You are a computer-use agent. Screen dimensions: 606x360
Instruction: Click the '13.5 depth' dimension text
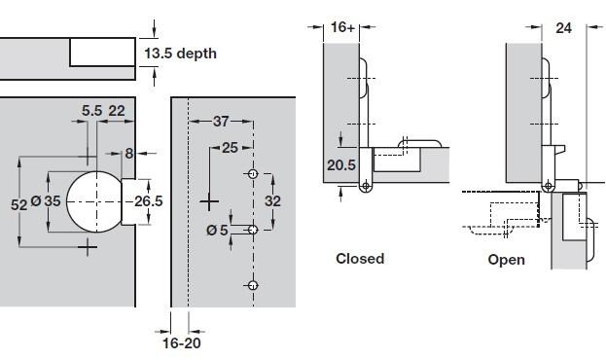[181, 54]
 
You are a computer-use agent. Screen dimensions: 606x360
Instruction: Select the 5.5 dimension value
[91, 111]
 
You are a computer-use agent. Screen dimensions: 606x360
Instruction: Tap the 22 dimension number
[117, 111]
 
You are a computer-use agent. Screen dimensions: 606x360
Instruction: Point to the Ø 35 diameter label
[46, 201]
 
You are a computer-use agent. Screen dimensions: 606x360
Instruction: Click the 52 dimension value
[19, 204]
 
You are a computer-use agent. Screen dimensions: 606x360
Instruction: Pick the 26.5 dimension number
[149, 201]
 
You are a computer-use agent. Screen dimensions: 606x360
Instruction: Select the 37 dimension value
[221, 122]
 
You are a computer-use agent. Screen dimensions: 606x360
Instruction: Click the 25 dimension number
[230, 148]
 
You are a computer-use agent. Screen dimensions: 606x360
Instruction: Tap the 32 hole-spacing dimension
[273, 201]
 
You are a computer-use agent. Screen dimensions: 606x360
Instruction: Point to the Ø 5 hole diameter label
[217, 231]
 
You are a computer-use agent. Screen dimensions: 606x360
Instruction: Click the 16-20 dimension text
[182, 343]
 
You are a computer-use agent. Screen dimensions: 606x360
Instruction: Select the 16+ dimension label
[342, 27]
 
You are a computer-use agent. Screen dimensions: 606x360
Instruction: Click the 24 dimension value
[563, 28]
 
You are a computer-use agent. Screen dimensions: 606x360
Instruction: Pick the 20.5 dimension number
[341, 165]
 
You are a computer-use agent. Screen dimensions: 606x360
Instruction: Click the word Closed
[360, 258]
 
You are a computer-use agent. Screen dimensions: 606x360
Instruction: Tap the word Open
[506, 260]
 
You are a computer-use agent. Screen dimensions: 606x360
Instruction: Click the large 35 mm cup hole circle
[66, 201]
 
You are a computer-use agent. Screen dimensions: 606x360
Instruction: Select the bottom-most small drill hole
[253, 285]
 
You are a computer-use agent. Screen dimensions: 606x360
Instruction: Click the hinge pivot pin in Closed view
[366, 187]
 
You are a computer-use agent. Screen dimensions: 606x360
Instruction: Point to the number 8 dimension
[129, 154]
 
